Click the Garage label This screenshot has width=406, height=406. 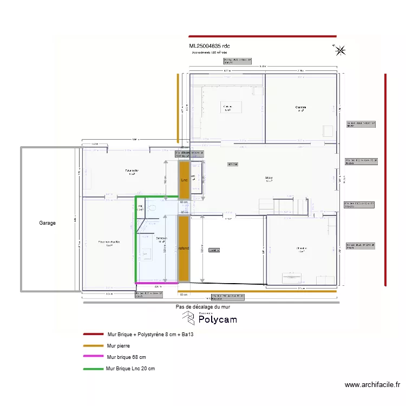pyautogui.click(x=47, y=222)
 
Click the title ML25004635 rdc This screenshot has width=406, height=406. pyautogui.click(x=209, y=47)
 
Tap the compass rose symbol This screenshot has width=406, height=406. pyautogui.click(x=340, y=51)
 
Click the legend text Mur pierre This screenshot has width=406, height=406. pyautogui.click(x=119, y=345)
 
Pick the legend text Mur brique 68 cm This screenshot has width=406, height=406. pyautogui.click(x=127, y=357)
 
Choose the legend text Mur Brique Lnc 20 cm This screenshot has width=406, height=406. pyautogui.click(x=130, y=369)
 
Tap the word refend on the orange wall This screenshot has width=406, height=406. pyautogui.click(x=184, y=248)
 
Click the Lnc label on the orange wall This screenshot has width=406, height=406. pyautogui.click(x=184, y=180)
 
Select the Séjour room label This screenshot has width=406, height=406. pyautogui.click(x=269, y=179)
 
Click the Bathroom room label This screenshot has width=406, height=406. pyautogui.click(x=161, y=239)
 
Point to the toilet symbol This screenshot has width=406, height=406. pyautogui.click(x=151, y=207)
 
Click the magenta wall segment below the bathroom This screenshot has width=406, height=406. pyautogui.click(x=156, y=283)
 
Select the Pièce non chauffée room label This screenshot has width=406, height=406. pyautogui.click(x=109, y=243)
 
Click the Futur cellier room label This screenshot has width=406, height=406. pyautogui.click(x=132, y=172)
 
